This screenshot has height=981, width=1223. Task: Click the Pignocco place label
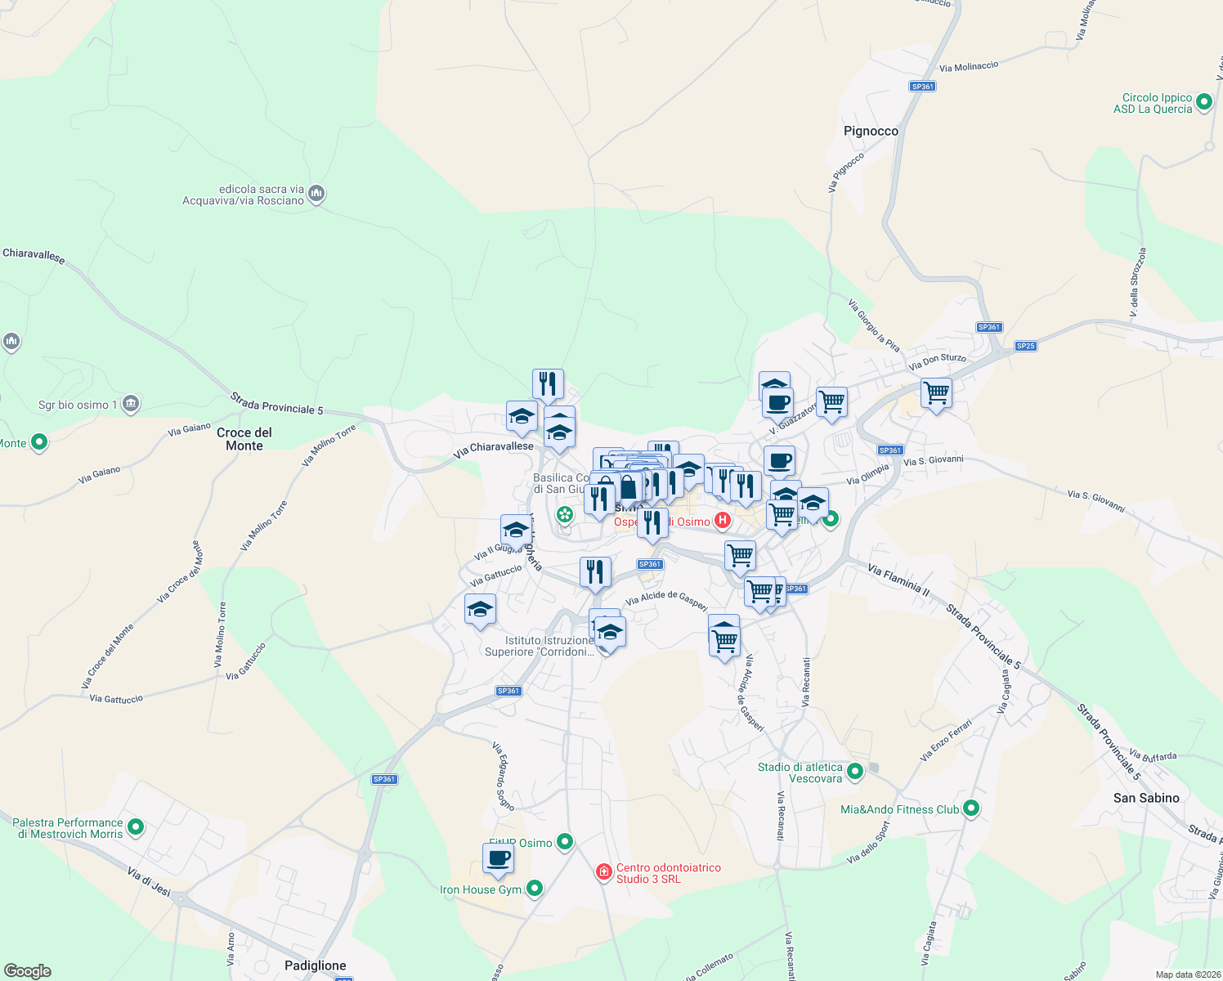[x=871, y=131]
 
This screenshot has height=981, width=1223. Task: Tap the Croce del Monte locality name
[x=244, y=439]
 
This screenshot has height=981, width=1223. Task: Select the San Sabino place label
[x=1146, y=798]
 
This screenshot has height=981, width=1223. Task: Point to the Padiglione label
[x=316, y=965]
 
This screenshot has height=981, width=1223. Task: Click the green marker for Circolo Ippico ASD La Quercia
[x=1203, y=103]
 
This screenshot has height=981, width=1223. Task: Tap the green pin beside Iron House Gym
[x=535, y=888]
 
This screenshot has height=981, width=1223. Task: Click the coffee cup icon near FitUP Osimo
[x=498, y=859]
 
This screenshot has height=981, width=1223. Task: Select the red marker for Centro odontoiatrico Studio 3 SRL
[x=604, y=873]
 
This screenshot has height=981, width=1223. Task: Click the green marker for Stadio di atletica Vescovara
[x=855, y=771]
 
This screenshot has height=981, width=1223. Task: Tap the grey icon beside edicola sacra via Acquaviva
[x=317, y=195]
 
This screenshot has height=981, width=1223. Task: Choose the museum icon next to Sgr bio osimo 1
[x=131, y=404]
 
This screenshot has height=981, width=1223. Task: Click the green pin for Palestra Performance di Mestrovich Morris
[x=136, y=828]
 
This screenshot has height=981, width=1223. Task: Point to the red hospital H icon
[x=723, y=521]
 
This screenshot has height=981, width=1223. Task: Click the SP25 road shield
[x=1026, y=346]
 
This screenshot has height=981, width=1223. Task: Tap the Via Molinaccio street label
[x=969, y=66]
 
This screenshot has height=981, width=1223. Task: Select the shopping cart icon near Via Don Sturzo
[x=936, y=393]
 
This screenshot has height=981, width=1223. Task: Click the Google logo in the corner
[x=28, y=971]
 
